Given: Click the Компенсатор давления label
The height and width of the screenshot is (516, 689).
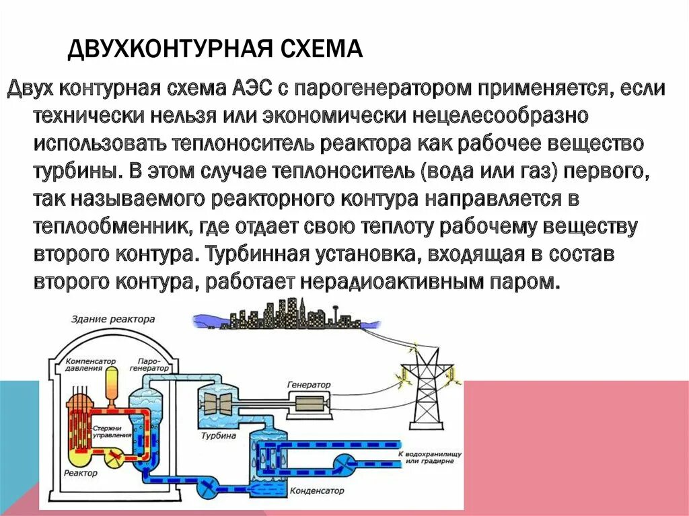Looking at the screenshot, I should (x=92, y=366).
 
